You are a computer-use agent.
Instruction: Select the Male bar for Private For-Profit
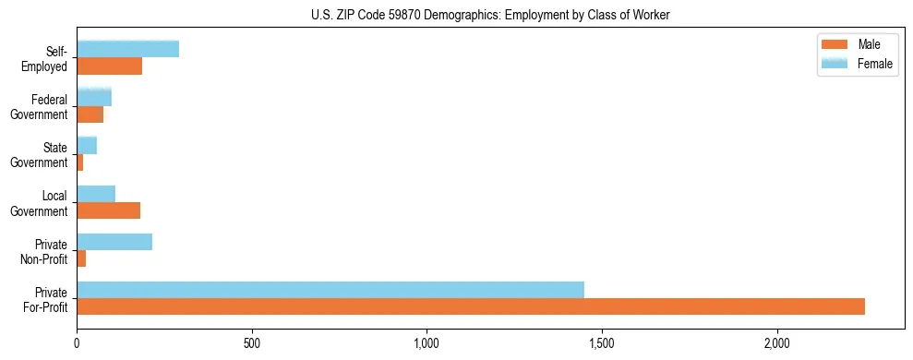pyautogui.click(x=471, y=306)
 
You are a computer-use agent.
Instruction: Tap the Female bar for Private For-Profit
pyautogui.click(x=330, y=290)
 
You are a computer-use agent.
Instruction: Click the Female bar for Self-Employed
pyautogui.click(x=127, y=49)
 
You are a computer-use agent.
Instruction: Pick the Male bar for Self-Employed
pyautogui.click(x=109, y=66)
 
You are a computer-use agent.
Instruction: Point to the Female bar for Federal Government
pyautogui.click(x=94, y=97)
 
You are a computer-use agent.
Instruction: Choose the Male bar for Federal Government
pyautogui.click(x=90, y=114)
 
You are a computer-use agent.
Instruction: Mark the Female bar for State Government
pyautogui.click(x=87, y=145)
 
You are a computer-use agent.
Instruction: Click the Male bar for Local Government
pyautogui.click(x=108, y=210)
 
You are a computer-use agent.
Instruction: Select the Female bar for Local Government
pyautogui.click(x=96, y=194)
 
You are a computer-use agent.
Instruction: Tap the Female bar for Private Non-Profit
pyautogui.click(x=114, y=242)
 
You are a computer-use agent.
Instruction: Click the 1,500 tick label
pyautogui.click(x=602, y=343)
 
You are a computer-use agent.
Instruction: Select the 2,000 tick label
pyautogui.click(x=777, y=343)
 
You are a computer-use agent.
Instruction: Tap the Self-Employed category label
pyautogui.click(x=49, y=58)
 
